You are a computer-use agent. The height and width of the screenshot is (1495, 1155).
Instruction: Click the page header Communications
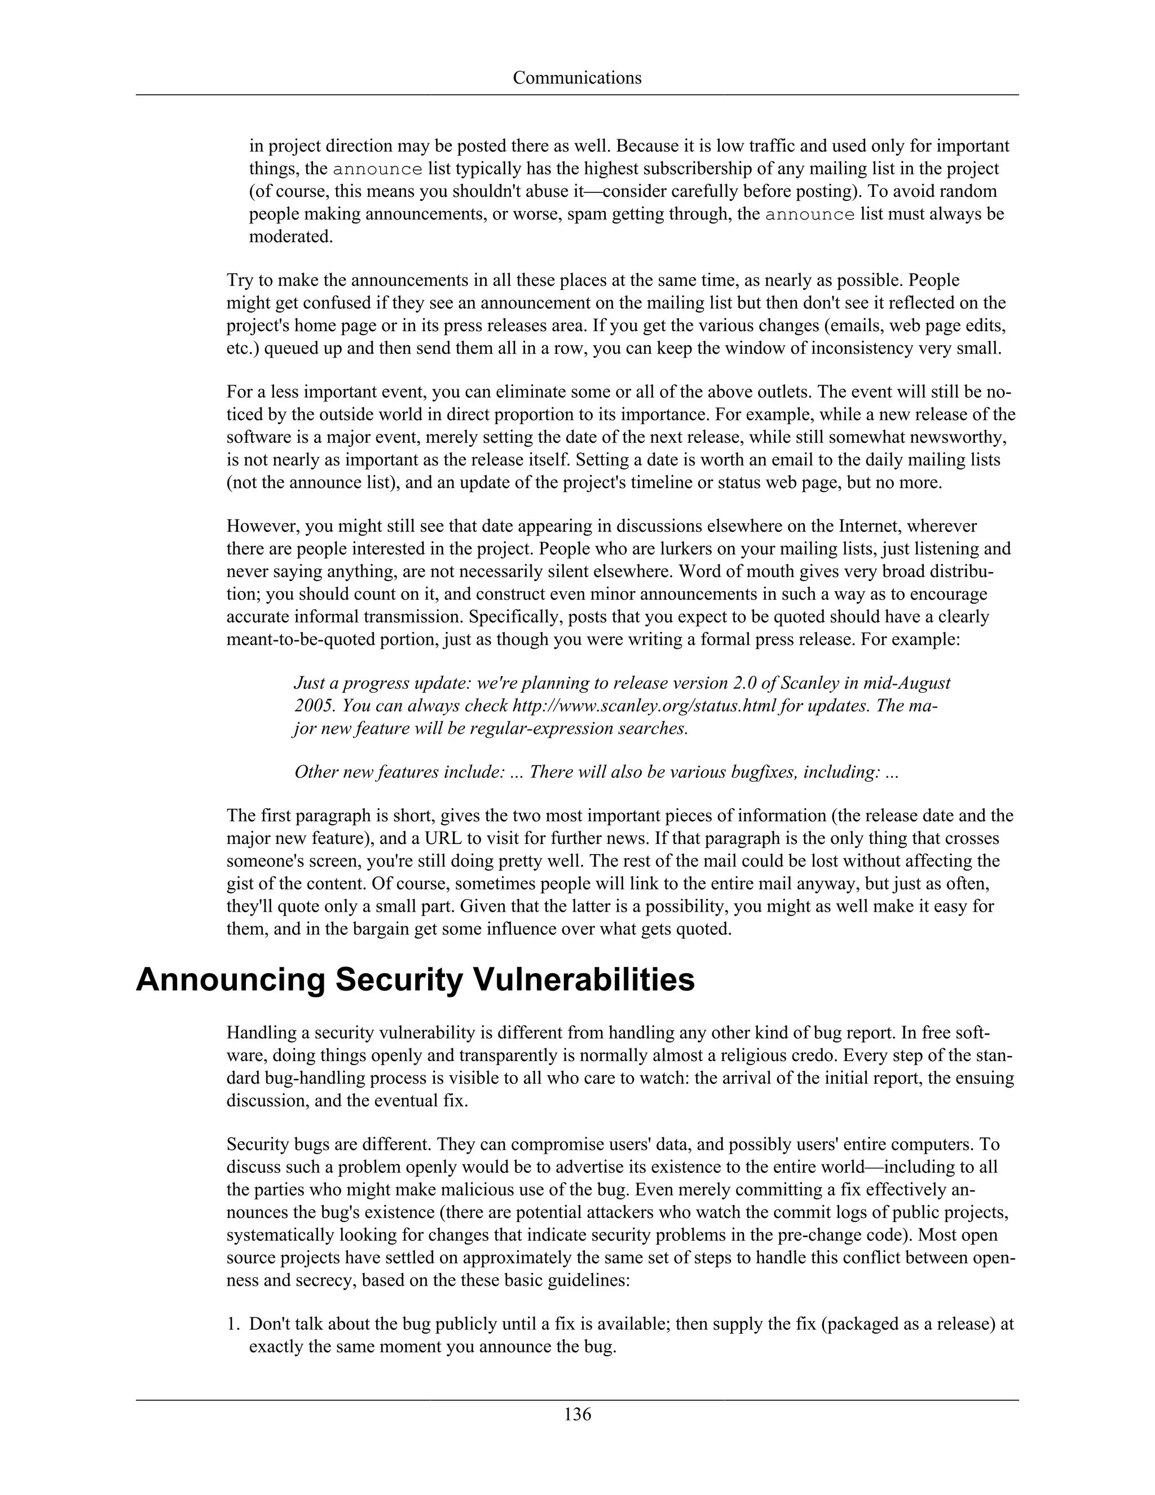pyautogui.click(x=577, y=78)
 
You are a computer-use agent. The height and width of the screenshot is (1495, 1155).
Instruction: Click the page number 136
pyautogui.click(x=577, y=1414)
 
